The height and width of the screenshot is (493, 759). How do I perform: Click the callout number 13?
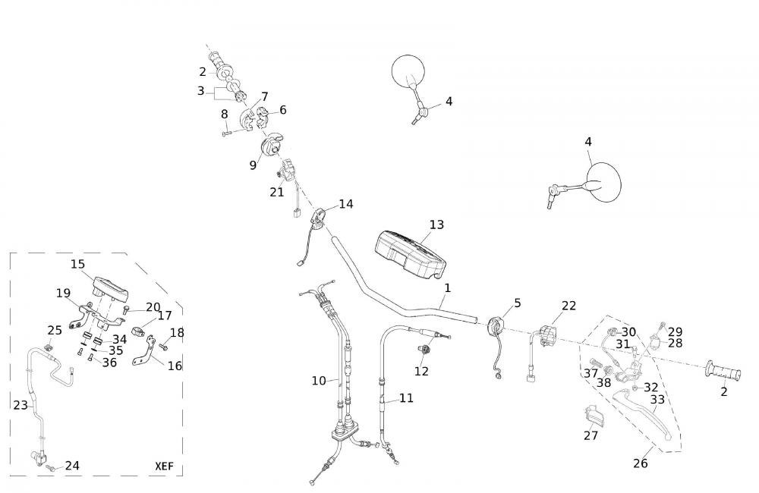click(436, 225)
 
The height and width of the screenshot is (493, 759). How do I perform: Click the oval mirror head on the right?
click(606, 182)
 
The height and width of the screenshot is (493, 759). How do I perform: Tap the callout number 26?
click(641, 463)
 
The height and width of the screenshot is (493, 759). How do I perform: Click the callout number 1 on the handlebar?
click(448, 288)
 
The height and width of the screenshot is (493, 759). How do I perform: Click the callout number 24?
click(72, 466)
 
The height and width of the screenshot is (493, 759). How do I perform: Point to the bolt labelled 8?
click(227, 133)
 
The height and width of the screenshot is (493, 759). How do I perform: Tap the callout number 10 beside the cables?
click(319, 380)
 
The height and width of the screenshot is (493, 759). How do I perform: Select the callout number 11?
click(407, 397)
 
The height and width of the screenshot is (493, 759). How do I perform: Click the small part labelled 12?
click(424, 350)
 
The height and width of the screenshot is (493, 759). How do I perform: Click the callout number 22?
click(569, 306)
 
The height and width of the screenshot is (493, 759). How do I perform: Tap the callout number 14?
click(346, 204)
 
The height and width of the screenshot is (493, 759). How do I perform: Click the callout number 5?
click(518, 303)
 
